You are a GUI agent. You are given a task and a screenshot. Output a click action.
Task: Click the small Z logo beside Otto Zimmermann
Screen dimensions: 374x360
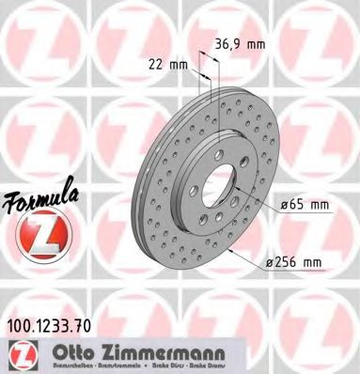point(21,354)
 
